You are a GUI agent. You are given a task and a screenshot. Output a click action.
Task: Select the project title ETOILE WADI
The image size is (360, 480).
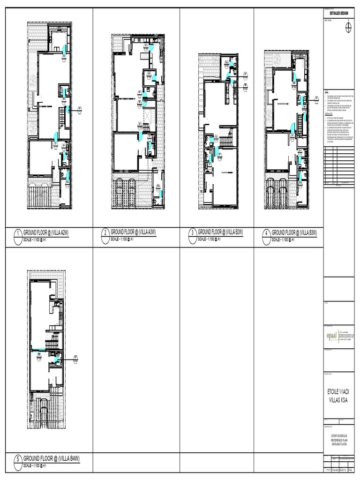pos(341,391)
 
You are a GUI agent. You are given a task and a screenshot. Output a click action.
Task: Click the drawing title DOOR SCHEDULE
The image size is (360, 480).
pos(341,436)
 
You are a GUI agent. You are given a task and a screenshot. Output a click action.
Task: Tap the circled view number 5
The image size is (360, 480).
pos(17,460)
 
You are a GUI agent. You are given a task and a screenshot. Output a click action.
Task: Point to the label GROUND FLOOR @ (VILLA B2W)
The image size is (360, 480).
pos(220,232)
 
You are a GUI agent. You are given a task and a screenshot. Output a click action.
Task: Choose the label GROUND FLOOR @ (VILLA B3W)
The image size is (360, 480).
pos(294,232)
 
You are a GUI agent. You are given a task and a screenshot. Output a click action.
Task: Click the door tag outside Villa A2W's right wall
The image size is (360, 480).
pos(79,109)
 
